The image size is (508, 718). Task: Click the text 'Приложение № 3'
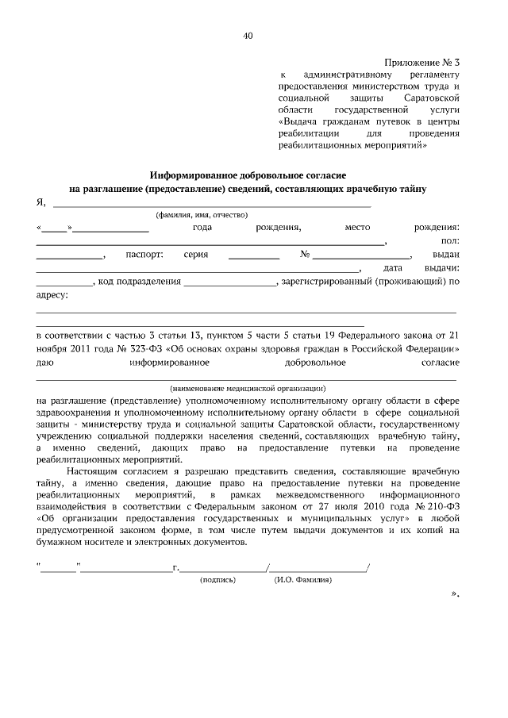click(x=422, y=61)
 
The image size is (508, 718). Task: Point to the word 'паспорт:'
click(x=144, y=255)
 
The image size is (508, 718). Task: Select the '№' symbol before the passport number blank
click(x=305, y=255)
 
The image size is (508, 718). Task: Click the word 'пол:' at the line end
click(x=449, y=241)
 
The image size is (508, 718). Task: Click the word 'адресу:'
click(x=53, y=295)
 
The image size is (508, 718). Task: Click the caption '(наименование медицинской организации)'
click(x=248, y=389)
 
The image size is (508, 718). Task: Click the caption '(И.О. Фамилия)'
click(x=303, y=580)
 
